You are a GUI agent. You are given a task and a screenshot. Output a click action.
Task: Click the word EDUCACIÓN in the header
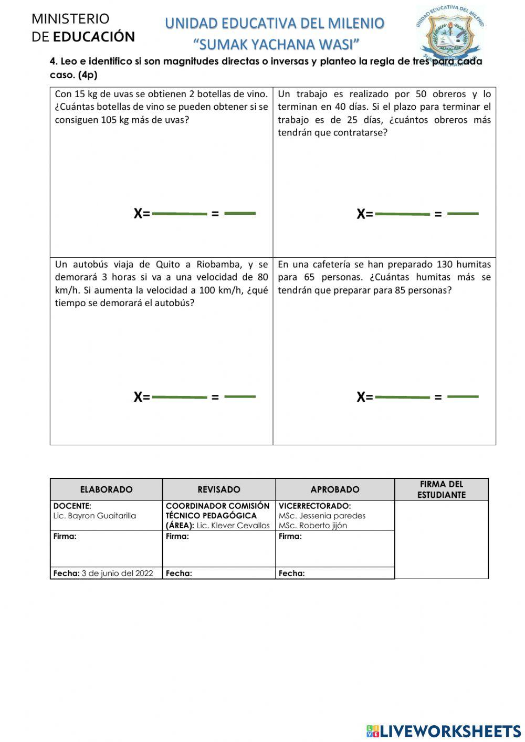94,37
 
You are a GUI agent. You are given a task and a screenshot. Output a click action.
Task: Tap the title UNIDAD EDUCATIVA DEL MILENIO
275,24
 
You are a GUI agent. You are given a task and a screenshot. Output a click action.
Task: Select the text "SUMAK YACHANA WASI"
276,44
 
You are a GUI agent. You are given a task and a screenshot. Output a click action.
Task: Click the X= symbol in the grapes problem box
141,214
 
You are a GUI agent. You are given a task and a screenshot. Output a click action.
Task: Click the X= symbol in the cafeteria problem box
364,397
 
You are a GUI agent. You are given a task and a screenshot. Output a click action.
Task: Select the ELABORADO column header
106,489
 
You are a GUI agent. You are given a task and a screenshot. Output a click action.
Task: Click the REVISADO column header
219,489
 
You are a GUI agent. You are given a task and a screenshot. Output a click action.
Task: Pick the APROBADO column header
335,489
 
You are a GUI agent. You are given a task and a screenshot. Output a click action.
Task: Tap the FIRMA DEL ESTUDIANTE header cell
441,489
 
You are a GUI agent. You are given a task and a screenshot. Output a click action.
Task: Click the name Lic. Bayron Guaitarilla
94,516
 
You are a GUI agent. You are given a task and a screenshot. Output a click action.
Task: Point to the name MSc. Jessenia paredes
322,516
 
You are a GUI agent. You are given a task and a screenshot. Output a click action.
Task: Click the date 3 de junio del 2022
117,573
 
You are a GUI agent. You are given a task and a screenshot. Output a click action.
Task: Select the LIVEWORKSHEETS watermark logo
444,731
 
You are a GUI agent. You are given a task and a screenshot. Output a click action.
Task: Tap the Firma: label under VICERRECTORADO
290,536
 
